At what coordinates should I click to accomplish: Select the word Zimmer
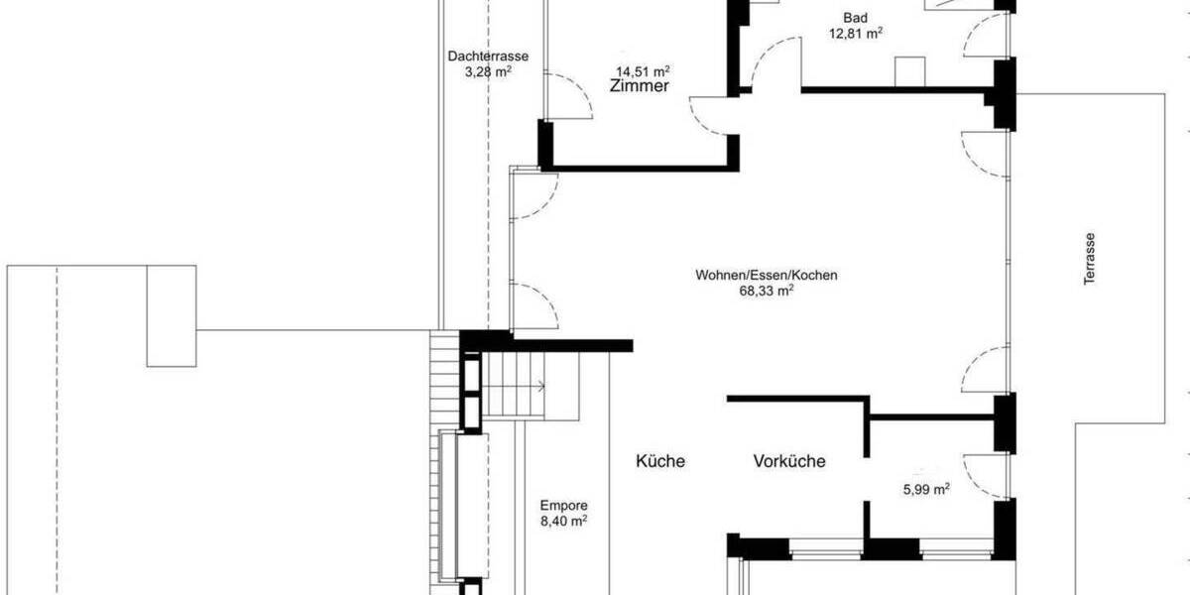[x=641, y=87]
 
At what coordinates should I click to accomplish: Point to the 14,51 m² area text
[x=643, y=71]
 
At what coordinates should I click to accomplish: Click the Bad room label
[x=853, y=18]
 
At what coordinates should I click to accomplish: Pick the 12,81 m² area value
[x=856, y=33]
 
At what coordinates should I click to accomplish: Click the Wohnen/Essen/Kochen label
[x=760, y=276]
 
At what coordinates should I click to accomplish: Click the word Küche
[x=660, y=461]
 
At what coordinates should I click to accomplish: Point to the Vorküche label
[x=789, y=461]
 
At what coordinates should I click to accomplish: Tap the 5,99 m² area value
[x=927, y=488]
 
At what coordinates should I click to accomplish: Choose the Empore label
[x=563, y=504]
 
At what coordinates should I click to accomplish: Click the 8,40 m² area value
[x=563, y=519]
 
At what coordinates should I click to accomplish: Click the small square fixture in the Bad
[x=909, y=72]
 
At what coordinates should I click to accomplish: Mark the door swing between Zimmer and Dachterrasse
[x=566, y=97]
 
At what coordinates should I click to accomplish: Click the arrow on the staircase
[x=541, y=385]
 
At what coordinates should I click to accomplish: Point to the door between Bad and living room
[x=776, y=64]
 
